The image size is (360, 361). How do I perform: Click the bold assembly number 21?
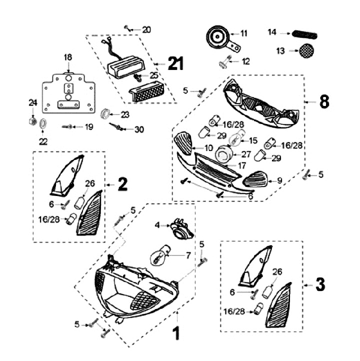click(x=176, y=63)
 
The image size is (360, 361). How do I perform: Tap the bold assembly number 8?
click(x=324, y=101)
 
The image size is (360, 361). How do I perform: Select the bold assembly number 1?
click(x=175, y=333)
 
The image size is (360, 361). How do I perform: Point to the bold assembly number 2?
click(x=122, y=184)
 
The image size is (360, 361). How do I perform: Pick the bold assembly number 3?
click(x=320, y=284)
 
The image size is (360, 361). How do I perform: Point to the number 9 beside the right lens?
click(x=279, y=179)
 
